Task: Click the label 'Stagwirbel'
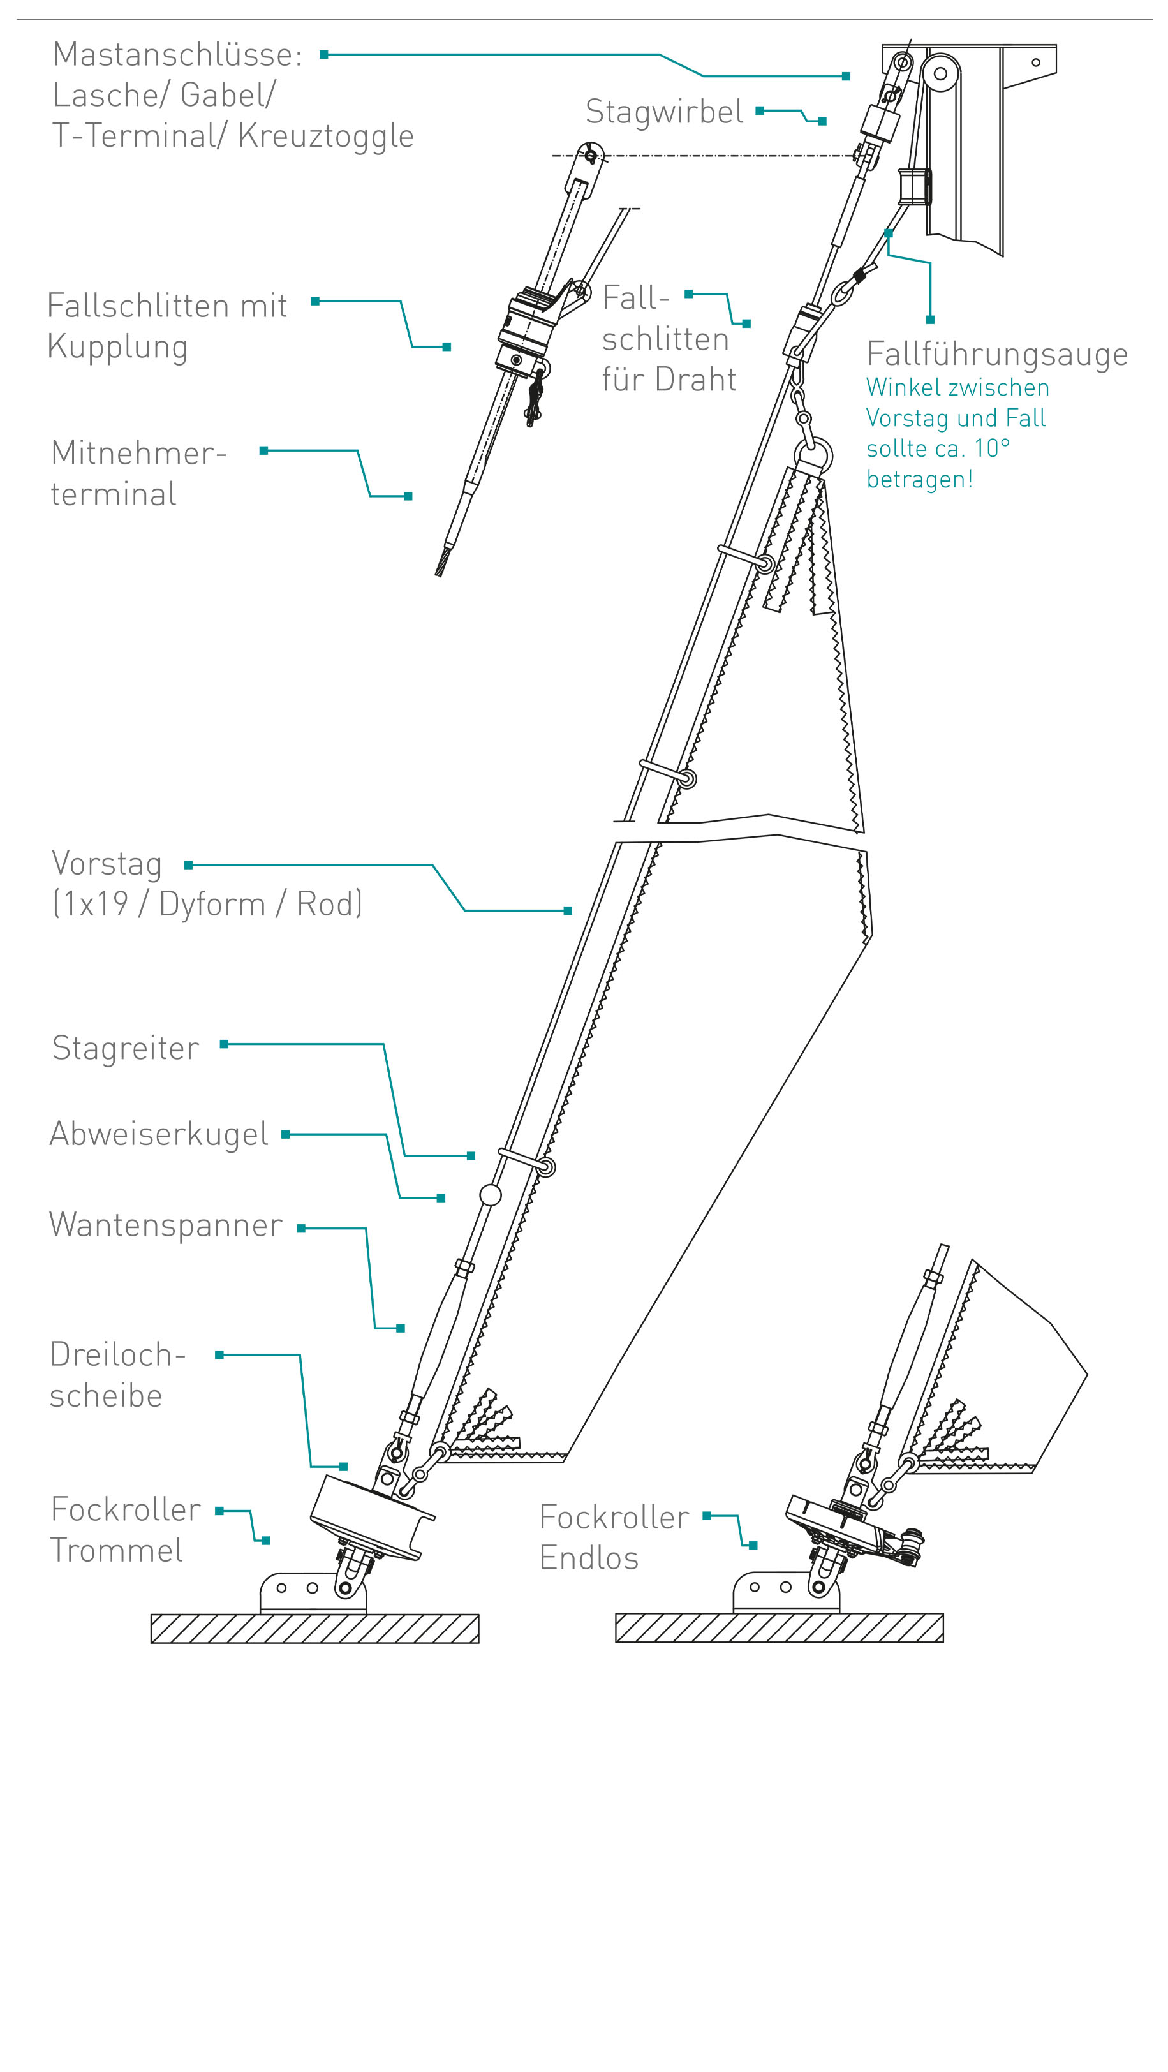pyautogui.click(x=663, y=111)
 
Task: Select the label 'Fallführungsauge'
pyautogui.click(x=996, y=354)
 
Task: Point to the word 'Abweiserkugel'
pyautogui.click(x=158, y=1134)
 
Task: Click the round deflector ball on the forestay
pyautogui.click(x=491, y=1194)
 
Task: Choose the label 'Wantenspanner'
pyautogui.click(x=166, y=1224)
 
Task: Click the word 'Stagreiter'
pyautogui.click(x=126, y=1048)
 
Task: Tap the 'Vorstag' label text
pyautogui.click(x=107, y=863)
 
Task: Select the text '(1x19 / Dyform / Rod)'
pyautogui.click(x=207, y=904)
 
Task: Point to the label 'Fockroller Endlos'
pyautogui.click(x=613, y=1537)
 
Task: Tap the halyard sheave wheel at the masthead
pyautogui.click(x=940, y=74)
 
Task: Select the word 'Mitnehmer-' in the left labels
pyautogui.click(x=138, y=453)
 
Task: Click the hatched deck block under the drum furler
pyautogui.click(x=314, y=1628)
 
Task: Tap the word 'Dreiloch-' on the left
pyautogui.click(x=118, y=1354)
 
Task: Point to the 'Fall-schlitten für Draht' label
pyautogui.click(x=669, y=339)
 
